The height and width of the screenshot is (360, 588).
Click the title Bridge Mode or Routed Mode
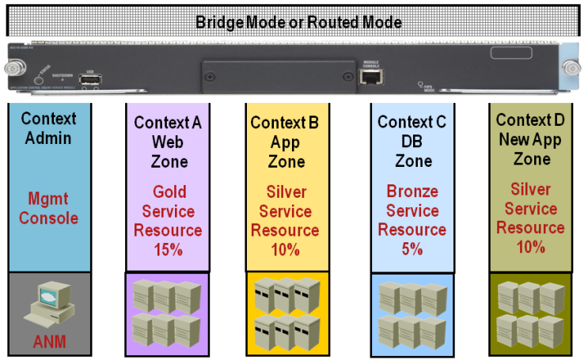click(x=298, y=22)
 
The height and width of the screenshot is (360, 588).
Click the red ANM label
click(x=51, y=342)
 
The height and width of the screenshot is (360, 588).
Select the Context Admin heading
click(x=49, y=128)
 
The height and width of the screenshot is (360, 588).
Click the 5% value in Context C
click(x=412, y=248)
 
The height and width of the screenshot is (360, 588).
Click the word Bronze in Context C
click(x=412, y=191)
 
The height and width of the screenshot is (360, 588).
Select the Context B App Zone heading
click(x=286, y=142)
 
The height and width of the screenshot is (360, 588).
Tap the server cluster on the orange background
click(x=286, y=313)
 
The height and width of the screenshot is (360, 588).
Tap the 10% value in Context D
click(x=533, y=246)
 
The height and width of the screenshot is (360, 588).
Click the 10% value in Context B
click(x=286, y=250)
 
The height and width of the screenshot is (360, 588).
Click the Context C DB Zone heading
click(x=412, y=142)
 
